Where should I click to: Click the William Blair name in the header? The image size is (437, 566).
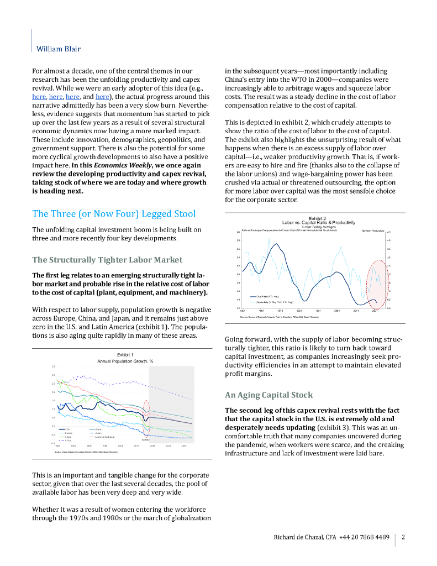58,49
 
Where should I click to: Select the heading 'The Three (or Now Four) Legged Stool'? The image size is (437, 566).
114,213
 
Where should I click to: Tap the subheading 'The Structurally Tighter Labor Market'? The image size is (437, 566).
107,259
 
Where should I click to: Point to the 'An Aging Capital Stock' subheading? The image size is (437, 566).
268,395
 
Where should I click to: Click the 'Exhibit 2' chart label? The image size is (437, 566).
317,218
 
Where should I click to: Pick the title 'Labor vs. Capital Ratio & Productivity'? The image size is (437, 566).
317,222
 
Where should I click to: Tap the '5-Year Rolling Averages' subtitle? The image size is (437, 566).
317,227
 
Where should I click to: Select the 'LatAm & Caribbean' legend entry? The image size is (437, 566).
105,436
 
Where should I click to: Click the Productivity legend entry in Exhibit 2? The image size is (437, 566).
274,302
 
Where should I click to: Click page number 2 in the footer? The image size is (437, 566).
403,537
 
